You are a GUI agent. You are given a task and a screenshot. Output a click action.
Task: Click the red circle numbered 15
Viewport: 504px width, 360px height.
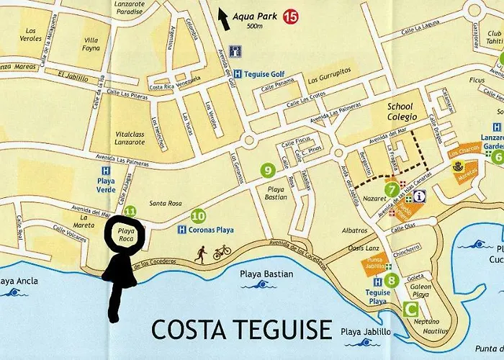pos(290,15)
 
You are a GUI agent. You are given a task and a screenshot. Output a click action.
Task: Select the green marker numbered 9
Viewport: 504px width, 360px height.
pos(268,171)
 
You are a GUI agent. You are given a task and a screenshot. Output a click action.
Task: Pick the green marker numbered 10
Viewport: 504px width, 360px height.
pos(199,215)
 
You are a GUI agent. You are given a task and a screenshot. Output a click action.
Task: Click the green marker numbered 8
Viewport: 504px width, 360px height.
pos(391,280)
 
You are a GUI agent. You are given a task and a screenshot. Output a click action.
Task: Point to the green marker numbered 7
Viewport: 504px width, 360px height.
pos(392,190)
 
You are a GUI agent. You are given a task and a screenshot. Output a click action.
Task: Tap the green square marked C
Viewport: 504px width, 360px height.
pos(410,310)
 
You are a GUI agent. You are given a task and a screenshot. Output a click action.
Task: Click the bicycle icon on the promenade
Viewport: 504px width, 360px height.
pos(222,252)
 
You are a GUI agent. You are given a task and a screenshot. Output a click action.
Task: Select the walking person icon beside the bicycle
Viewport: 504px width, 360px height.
pos(202,253)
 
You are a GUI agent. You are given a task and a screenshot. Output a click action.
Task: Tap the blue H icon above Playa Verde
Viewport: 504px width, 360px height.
pos(106,171)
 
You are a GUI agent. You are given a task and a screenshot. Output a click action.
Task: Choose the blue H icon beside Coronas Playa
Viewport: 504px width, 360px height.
pos(182,230)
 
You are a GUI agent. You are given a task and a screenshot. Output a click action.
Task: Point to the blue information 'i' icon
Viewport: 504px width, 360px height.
pos(419,195)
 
